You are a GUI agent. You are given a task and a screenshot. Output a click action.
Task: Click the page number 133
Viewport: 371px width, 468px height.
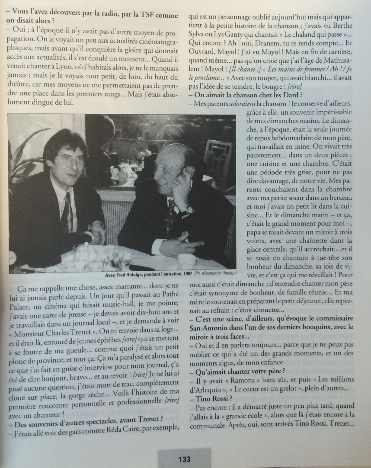(185, 459)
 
